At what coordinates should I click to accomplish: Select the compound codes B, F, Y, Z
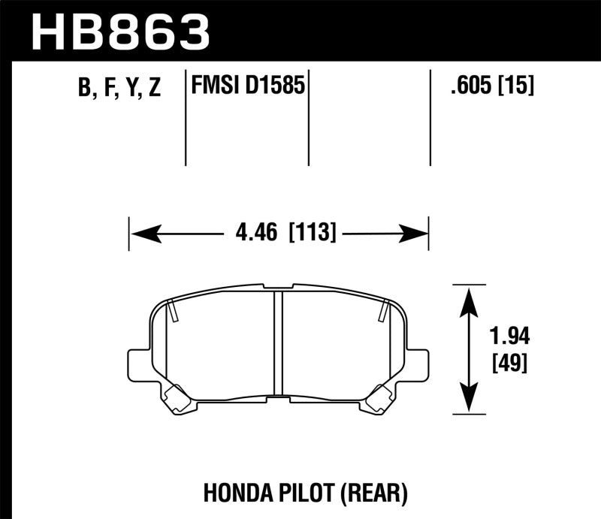(120, 88)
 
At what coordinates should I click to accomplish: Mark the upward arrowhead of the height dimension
(469, 297)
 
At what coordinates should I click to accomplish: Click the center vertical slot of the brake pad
(278, 342)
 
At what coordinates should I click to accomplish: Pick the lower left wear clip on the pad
(178, 398)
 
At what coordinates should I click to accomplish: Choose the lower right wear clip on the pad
(378, 398)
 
